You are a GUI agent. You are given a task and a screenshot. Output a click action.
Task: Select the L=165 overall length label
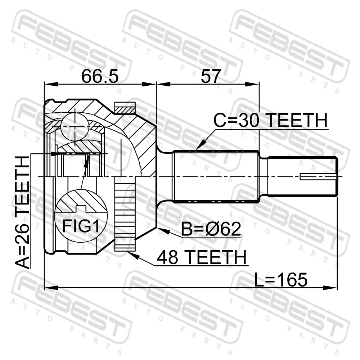(280, 280)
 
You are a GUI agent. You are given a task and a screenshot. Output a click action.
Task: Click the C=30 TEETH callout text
(270, 120)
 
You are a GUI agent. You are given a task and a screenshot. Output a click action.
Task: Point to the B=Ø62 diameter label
(211, 229)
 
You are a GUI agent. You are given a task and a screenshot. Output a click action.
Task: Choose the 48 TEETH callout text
(202, 257)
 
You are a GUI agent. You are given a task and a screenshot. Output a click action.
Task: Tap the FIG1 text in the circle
(81, 226)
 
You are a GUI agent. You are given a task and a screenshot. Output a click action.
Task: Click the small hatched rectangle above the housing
(125, 108)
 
